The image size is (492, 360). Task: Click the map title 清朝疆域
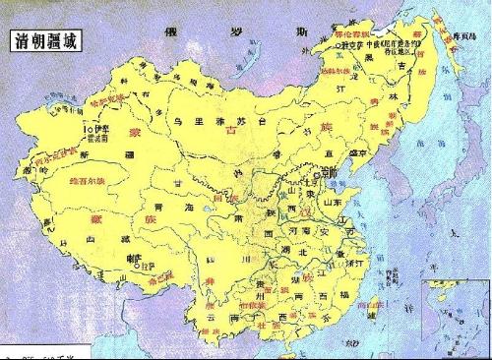pos(45,42)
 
